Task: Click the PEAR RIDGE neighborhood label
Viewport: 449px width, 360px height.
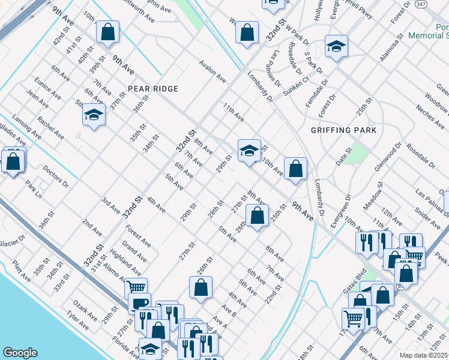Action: [x=152, y=89]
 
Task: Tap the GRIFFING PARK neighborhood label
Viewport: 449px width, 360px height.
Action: [x=344, y=130]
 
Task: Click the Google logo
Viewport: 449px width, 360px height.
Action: [x=20, y=352]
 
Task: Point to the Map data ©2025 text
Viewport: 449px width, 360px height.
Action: [x=424, y=355]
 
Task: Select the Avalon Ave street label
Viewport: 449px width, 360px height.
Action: [x=212, y=74]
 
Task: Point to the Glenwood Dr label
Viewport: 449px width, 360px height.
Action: [x=387, y=157]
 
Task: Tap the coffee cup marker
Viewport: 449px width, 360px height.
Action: [x=139, y=303]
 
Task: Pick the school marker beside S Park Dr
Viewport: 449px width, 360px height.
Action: [x=337, y=47]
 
